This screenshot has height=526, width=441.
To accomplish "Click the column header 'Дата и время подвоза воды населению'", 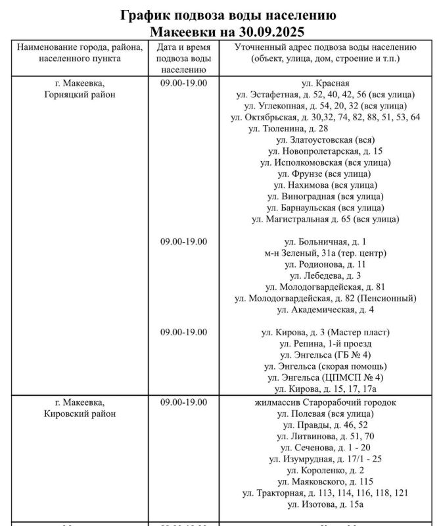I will (183, 59).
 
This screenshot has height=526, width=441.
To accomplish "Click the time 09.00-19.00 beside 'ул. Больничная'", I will (183, 241).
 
